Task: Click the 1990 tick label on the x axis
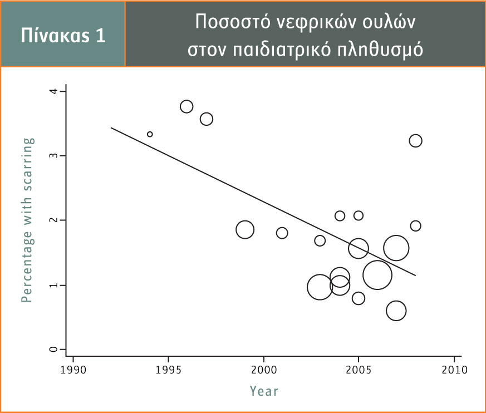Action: (x=73, y=370)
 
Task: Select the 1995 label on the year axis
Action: (x=168, y=370)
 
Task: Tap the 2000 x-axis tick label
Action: (x=264, y=370)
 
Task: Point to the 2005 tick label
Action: (x=359, y=370)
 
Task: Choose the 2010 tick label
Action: (x=454, y=370)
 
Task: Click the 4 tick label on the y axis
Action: (x=53, y=91)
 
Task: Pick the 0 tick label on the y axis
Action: (x=53, y=349)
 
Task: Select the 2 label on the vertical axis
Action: (x=53, y=220)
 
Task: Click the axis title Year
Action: (x=264, y=391)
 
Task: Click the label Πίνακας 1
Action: (x=63, y=35)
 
